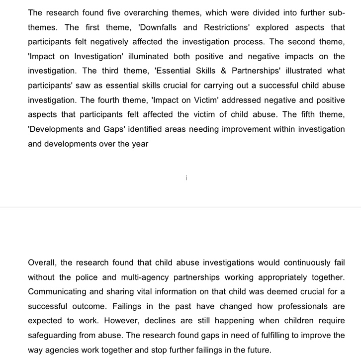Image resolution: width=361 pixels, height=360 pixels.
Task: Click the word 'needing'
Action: point(220,129)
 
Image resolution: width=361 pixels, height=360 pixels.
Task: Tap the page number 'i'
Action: point(186,178)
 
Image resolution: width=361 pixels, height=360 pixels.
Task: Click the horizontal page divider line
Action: point(180,207)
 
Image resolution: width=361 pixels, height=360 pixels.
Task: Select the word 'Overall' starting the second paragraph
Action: point(42,263)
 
